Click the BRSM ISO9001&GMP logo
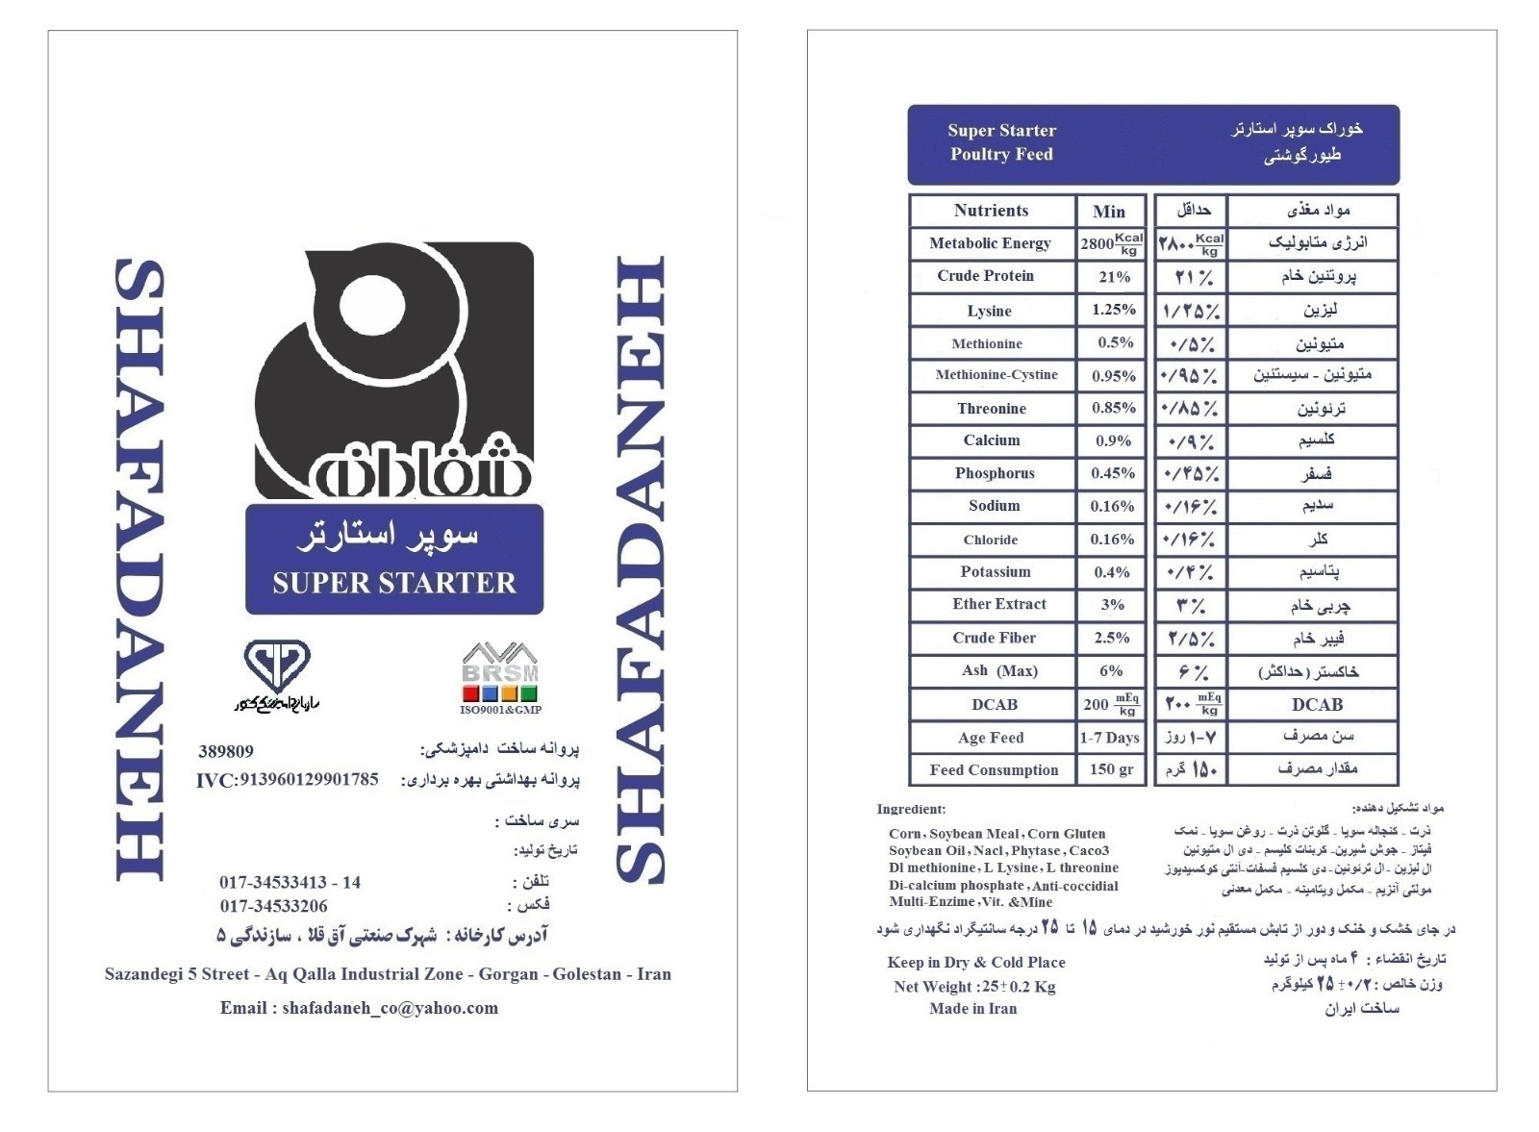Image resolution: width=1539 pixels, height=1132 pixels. [500, 678]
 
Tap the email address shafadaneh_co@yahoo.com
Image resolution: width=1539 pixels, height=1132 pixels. [359, 1008]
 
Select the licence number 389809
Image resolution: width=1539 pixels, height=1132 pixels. [226, 752]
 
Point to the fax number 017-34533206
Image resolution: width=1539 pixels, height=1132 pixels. [273, 906]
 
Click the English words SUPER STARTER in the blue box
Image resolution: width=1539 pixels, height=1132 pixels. [394, 583]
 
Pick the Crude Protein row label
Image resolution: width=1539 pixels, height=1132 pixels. [985, 276]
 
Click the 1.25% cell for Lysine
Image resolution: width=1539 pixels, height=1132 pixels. [1113, 310]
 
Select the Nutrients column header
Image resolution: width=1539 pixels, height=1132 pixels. [991, 211]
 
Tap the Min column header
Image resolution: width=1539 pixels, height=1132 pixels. [1109, 212]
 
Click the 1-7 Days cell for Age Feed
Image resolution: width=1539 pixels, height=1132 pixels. [1109, 738]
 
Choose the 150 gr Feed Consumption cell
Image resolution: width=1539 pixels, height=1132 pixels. [1111, 769]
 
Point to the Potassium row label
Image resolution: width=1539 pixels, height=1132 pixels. [995, 571]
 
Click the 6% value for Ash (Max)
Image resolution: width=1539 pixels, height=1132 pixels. [1111, 671]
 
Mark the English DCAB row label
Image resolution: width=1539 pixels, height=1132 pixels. [994, 705]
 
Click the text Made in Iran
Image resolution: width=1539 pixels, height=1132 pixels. [972, 1009]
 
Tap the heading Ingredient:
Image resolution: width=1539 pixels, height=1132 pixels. [911, 810]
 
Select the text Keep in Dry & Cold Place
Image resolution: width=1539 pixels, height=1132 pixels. [975, 963]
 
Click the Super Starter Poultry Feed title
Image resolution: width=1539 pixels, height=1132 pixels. [1001, 142]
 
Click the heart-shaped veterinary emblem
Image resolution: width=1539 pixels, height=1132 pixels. [277, 666]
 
